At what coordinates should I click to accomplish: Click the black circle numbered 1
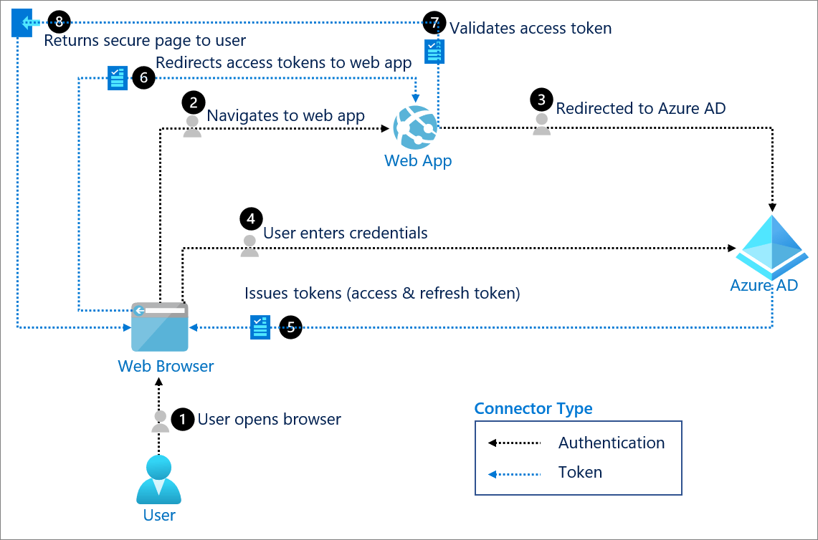click(x=184, y=419)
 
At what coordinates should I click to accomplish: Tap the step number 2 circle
click(x=192, y=102)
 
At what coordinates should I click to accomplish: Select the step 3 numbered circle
click(x=541, y=100)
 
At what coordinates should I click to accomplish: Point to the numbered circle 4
click(x=250, y=218)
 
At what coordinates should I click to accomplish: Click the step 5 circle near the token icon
click(x=290, y=328)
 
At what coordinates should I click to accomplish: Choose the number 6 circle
click(x=143, y=78)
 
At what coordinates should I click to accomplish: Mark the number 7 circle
click(x=434, y=22)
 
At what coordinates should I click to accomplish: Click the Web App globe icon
click(x=418, y=127)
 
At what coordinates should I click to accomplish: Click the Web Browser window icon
click(x=159, y=327)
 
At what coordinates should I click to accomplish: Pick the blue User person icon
click(x=159, y=480)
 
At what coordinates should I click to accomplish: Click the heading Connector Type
click(x=533, y=409)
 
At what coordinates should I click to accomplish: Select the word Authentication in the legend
click(x=612, y=443)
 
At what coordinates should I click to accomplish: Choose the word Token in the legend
click(x=580, y=473)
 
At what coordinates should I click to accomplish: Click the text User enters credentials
click(x=346, y=233)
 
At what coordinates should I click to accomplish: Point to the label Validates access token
click(x=531, y=28)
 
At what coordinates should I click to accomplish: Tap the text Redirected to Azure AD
click(x=641, y=108)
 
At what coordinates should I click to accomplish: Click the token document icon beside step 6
click(x=117, y=78)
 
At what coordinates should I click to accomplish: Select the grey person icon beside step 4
click(x=249, y=245)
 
